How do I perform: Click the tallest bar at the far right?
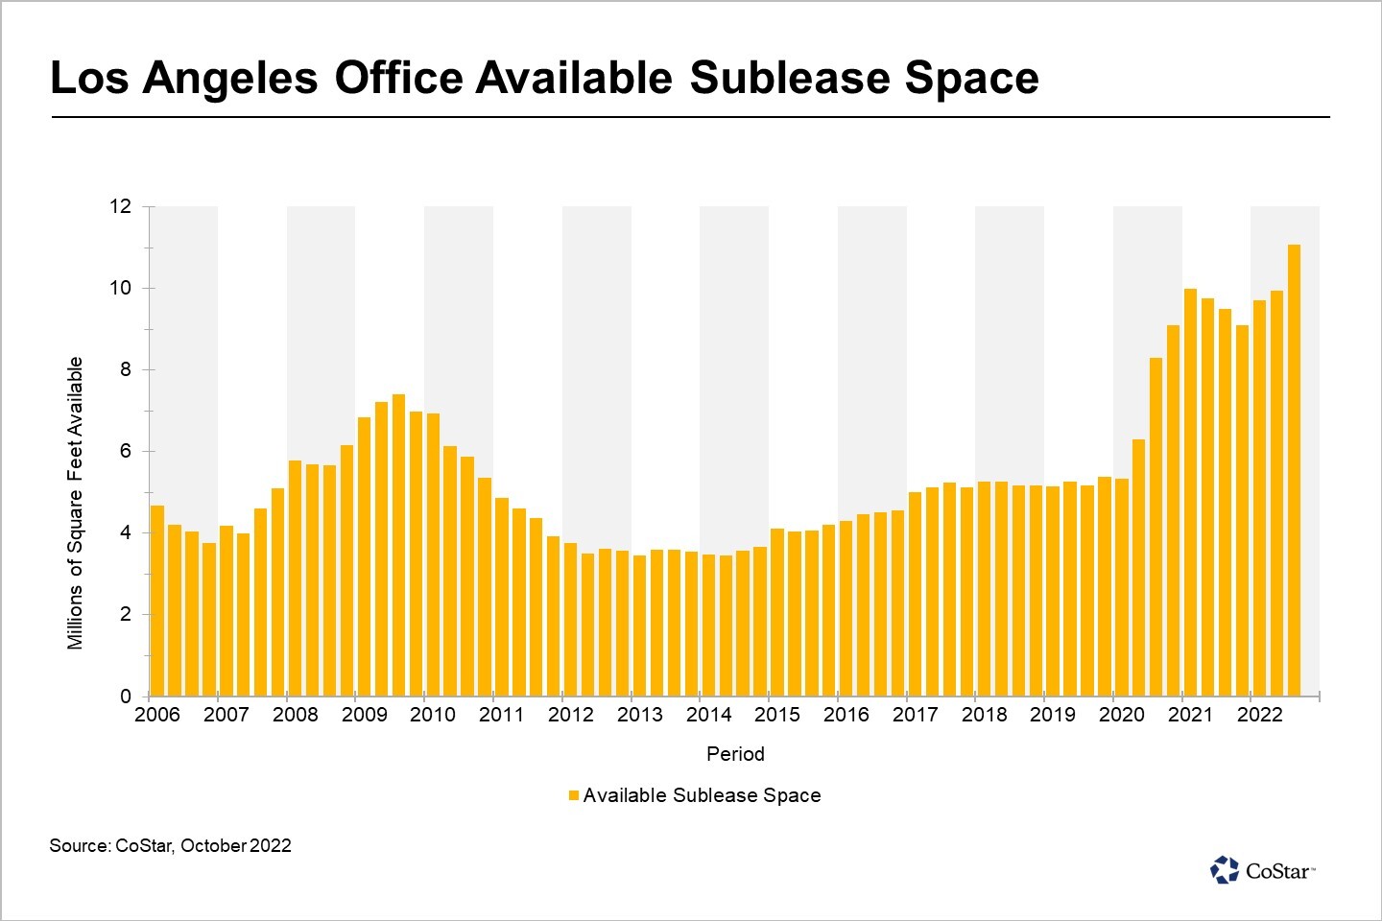coord(1294,470)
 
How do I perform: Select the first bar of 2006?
coord(157,601)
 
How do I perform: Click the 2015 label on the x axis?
coord(777,715)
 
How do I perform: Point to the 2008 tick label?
coord(295,715)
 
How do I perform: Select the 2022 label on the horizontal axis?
coord(1259,715)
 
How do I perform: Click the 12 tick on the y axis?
coord(120,206)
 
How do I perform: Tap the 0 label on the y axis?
coord(126,697)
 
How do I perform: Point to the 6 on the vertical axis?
coord(126,451)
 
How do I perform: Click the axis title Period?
coord(735,754)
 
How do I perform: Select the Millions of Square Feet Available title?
coord(76,503)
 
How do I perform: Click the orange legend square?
coord(574,795)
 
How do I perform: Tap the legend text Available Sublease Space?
coord(702,795)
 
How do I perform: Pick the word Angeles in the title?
coord(230,78)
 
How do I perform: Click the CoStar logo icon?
coord(1225,869)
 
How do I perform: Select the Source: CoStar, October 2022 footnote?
coord(170,845)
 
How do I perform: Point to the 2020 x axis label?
coord(1121,715)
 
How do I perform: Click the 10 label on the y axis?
coord(120,288)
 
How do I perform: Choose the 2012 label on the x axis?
coord(571,715)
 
